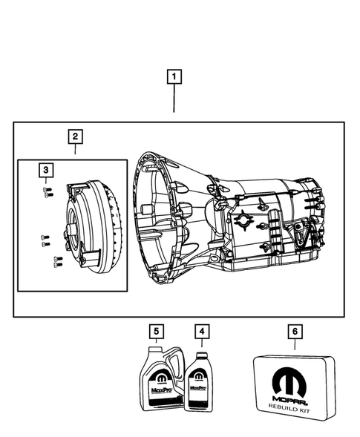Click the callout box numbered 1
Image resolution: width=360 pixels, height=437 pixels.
[x=174, y=76]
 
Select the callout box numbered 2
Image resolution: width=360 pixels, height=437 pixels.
[x=75, y=137]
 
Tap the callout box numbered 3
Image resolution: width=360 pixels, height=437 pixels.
[x=46, y=171]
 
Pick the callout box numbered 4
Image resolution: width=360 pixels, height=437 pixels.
[x=201, y=330]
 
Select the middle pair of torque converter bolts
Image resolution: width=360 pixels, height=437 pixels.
[x=45, y=239]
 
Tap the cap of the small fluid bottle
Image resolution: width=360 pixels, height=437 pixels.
[x=200, y=352]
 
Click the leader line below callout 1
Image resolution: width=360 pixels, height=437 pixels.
[x=174, y=98]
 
